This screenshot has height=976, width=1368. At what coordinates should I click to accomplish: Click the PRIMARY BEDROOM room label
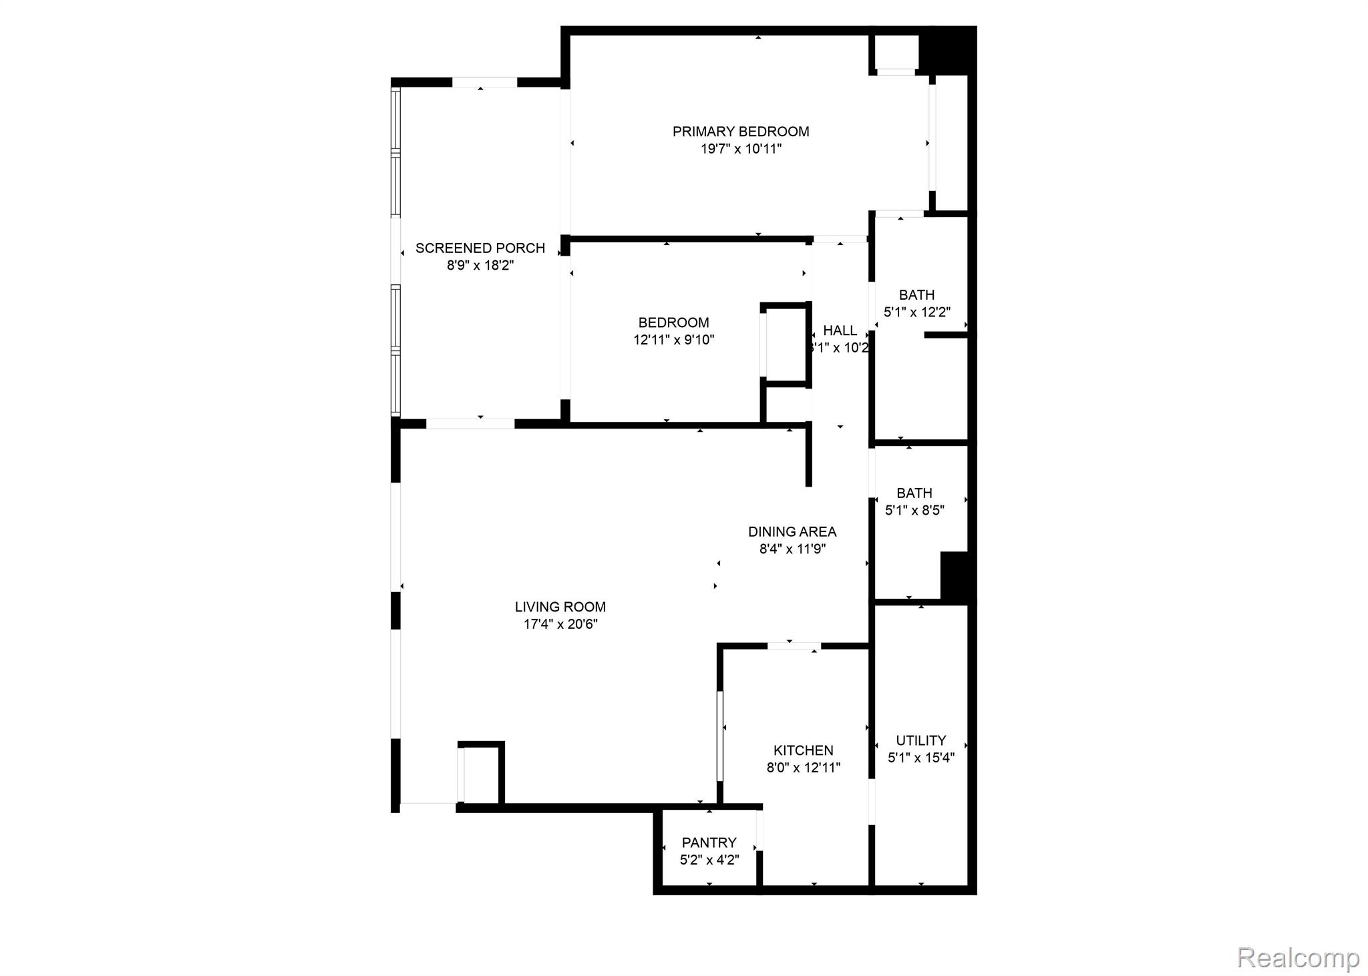click(x=740, y=132)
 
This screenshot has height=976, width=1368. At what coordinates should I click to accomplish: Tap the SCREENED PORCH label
click(x=480, y=248)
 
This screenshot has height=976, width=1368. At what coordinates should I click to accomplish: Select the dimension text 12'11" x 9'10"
click(x=673, y=340)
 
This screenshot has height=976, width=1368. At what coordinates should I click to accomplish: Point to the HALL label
click(x=840, y=330)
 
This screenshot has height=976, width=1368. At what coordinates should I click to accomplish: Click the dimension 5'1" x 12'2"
click(x=916, y=312)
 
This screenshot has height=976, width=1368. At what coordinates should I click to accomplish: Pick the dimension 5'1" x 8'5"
click(x=914, y=511)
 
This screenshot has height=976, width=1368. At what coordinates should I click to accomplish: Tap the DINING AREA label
click(x=792, y=532)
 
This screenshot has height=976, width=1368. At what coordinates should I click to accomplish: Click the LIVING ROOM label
click(x=560, y=607)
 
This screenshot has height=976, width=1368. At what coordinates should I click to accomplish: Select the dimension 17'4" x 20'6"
click(x=560, y=624)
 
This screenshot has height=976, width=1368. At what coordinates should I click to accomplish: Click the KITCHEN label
click(x=803, y=750)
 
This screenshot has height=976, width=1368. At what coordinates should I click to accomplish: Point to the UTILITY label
click(x=920, y=740)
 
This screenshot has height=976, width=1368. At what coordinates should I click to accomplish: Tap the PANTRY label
click(x=709, y=842)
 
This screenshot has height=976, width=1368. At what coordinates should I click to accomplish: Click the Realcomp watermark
click(x=1298, y=958)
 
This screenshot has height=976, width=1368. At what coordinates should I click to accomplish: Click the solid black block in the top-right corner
click(x=948, y=51)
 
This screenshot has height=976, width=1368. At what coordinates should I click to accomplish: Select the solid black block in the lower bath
click(x=955, y=575)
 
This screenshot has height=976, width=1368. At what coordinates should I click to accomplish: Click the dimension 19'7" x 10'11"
click(x=740, y=149)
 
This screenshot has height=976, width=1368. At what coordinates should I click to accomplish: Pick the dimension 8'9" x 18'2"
click(x=480, y=266)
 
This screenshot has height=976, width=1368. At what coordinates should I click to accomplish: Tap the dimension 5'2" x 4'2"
click(x=709, y=860)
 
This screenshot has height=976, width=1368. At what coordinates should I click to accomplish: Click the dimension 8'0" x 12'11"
click(x=803, y=768)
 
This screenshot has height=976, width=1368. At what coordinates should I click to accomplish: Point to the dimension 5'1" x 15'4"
click(x=920, y=758)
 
